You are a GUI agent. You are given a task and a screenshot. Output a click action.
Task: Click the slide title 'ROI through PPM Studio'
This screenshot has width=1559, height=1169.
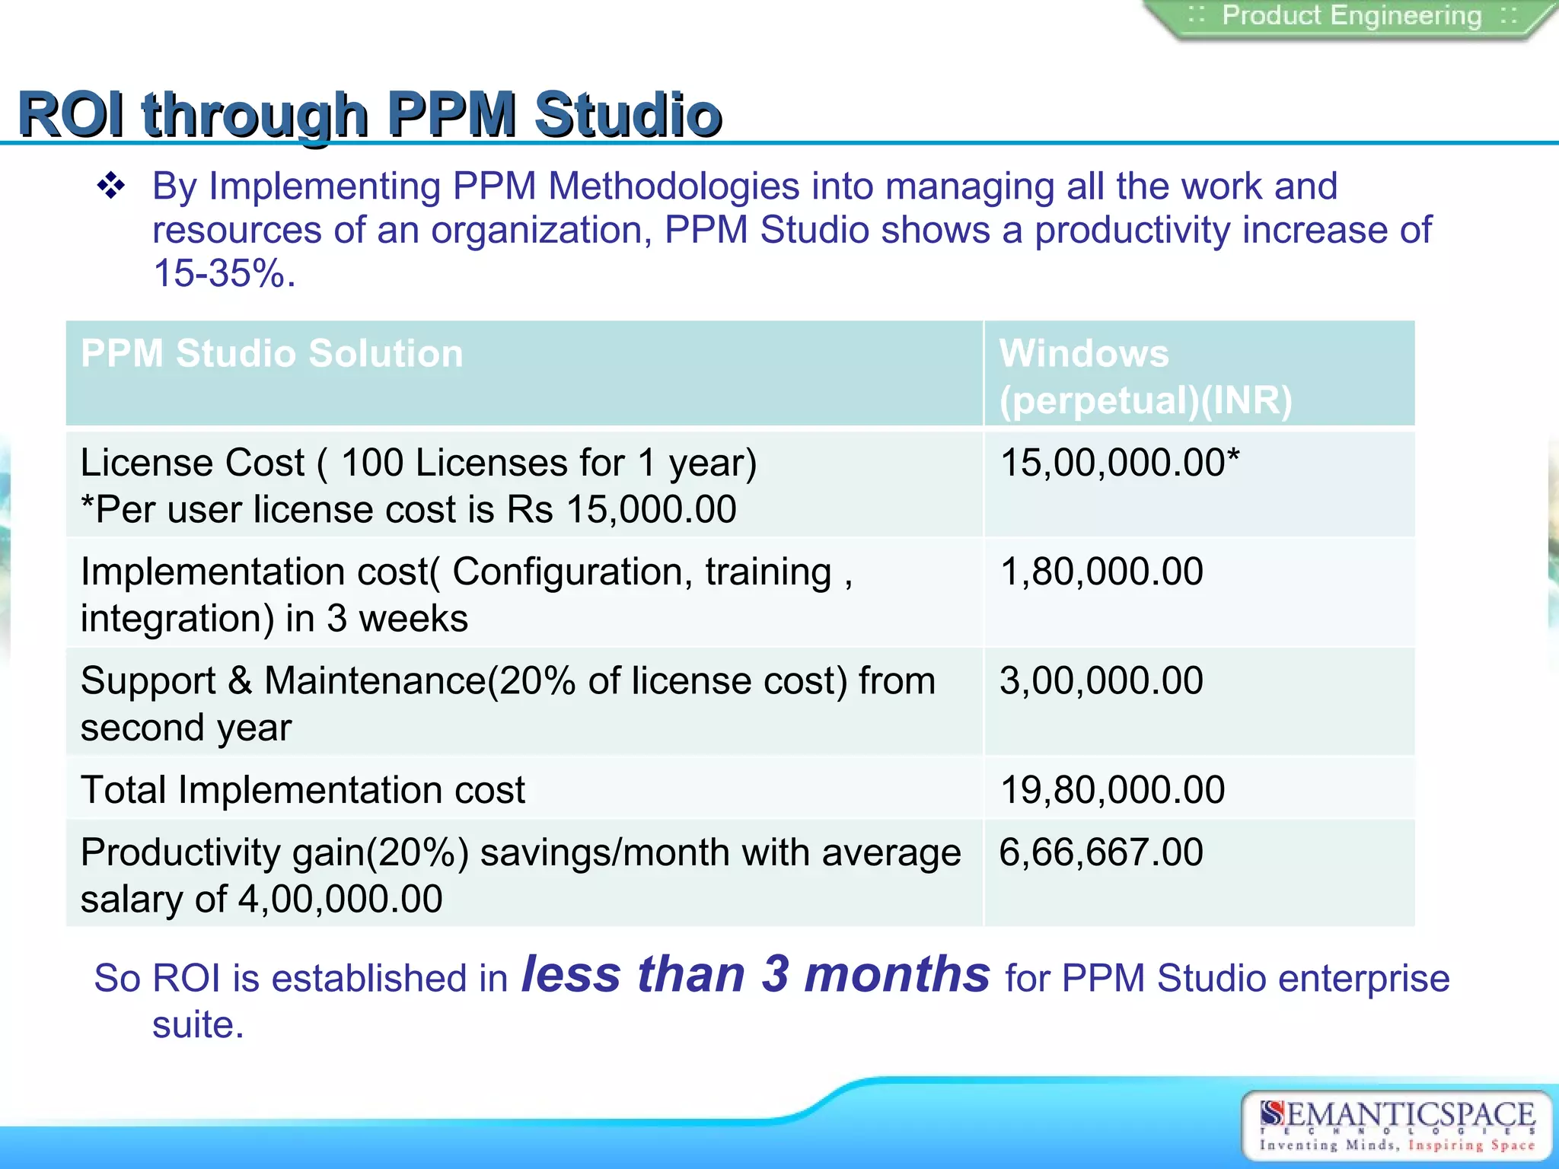(370, 114)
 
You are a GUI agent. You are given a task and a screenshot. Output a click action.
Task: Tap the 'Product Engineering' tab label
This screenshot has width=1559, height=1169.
(1352, 16)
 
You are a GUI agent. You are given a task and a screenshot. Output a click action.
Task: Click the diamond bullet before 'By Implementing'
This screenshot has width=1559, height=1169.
(111, 186)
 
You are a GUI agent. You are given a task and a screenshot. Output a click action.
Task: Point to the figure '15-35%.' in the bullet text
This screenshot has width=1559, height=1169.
(224, 273)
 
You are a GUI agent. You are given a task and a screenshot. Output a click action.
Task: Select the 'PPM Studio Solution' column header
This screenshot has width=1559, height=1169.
(272, 354)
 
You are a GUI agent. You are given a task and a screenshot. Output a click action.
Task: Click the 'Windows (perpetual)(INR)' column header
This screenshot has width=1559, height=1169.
(1146, 377)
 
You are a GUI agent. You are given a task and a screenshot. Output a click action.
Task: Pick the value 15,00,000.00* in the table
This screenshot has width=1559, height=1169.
(1119, 463)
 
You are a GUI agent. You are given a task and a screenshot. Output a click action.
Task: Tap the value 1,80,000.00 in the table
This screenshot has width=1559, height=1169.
(1101, 572)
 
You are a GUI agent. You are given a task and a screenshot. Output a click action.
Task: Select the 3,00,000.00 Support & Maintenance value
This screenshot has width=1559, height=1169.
(1101, 680)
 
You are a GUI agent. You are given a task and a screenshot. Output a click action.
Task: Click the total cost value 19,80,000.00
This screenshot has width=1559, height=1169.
(1112, 790)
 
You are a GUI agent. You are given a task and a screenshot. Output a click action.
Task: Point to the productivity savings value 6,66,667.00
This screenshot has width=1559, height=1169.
(1101, 852)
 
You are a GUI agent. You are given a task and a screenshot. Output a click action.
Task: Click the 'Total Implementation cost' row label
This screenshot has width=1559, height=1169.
(303, 790)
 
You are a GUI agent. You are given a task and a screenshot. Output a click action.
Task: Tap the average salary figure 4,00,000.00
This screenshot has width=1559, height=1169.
(340, 900)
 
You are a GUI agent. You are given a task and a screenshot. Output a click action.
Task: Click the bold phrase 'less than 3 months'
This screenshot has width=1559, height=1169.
(755, 974)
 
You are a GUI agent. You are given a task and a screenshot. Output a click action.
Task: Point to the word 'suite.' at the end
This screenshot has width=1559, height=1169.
(198, 1025)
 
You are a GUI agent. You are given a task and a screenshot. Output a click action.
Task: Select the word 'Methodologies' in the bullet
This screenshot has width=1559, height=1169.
(674, 186)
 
